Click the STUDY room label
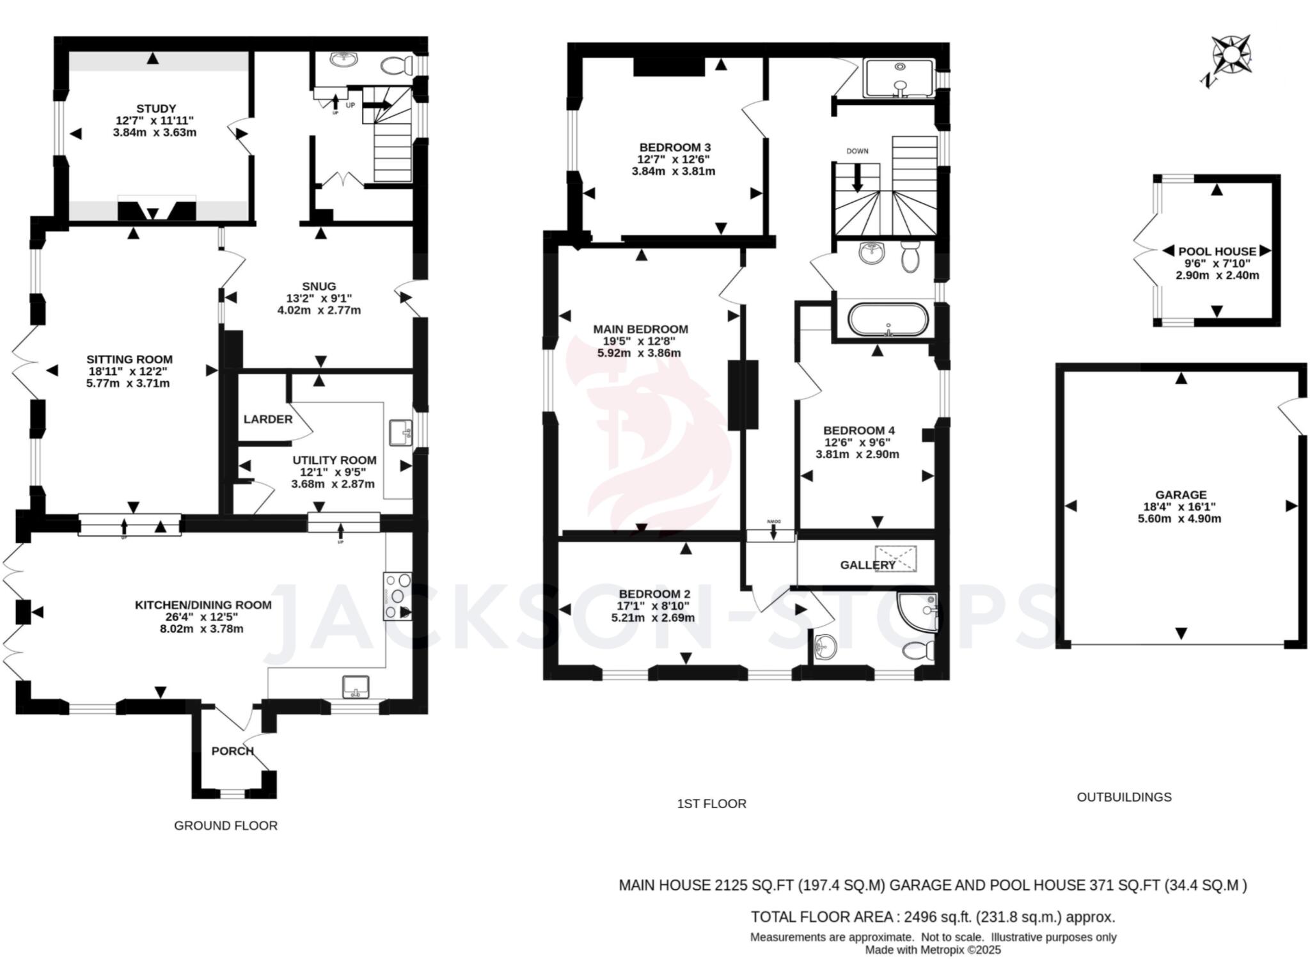[x=155, y=108]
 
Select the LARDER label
[x=267, y=419]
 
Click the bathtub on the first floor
[x=888, y=319]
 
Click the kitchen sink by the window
[x=356, y=686]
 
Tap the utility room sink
[x=400, y=432]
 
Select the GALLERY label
[x=867, y=565]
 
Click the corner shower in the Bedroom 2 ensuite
[x=920, y=610]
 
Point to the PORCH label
[x=232, y=750]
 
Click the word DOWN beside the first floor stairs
[x=857, y=151]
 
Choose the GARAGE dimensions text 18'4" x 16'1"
[x=1180, y=507]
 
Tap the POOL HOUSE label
[x=1217, y=251]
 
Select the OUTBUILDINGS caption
[x=1124, y=797]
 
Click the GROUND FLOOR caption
[x=226, y=825]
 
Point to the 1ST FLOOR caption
[x=711, y=804]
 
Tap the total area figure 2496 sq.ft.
[x=937, y=917]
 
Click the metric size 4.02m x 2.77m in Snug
[x=319, y=310]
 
